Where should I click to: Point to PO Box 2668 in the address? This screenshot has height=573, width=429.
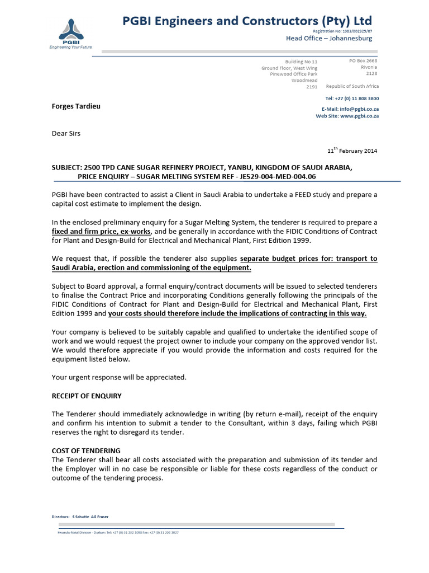(x=363, y=60)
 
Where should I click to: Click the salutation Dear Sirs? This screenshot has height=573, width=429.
(x=66, y=134)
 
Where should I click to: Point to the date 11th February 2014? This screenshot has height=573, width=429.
(x=352, y=151)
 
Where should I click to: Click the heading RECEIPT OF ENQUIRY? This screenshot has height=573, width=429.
(x=87, y=396)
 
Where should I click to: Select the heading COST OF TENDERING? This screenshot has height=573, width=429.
(x=86, y=450)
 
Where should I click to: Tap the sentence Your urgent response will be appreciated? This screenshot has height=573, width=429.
(x=119, y=377)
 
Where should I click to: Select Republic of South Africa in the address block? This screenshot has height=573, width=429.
(x=352, y=86)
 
